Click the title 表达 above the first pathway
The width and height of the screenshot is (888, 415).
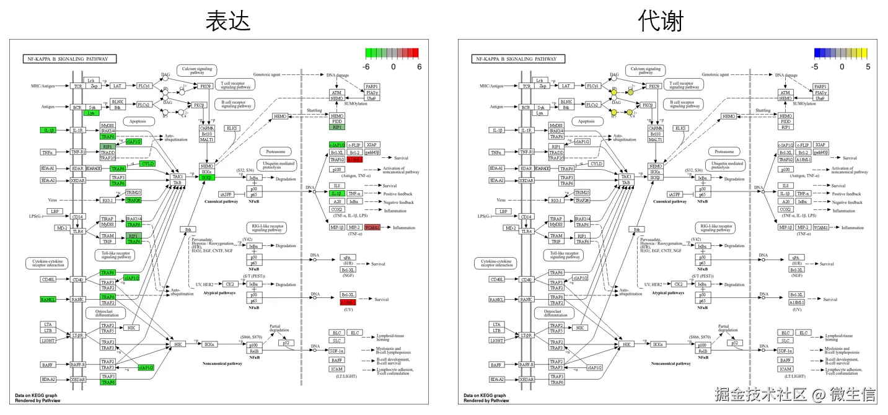(228, 21)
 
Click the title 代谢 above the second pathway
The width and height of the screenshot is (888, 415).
(661, 21)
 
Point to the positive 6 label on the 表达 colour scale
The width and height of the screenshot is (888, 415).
(419, 66)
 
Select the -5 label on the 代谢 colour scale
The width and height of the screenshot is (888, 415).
(815, 66)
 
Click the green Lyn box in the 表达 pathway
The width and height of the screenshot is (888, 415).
(92, 113)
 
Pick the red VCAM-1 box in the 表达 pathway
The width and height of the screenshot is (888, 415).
(372, 227)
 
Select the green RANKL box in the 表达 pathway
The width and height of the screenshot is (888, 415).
(48, 299)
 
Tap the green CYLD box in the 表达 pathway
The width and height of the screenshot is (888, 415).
(147, 164)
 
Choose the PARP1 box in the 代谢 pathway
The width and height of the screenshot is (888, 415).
(820, 87)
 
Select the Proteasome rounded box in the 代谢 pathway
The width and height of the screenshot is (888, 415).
(724, 151)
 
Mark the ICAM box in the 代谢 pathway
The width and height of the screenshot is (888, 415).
(785, 369)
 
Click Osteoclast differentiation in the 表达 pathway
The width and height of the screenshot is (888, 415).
(105, 312)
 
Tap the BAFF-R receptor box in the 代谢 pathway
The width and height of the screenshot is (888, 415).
(526, 365)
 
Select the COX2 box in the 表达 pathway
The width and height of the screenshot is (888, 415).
(336, 209)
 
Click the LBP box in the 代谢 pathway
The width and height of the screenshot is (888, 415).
(504, 211)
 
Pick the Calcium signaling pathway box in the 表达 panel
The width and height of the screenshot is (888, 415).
(196, 70)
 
